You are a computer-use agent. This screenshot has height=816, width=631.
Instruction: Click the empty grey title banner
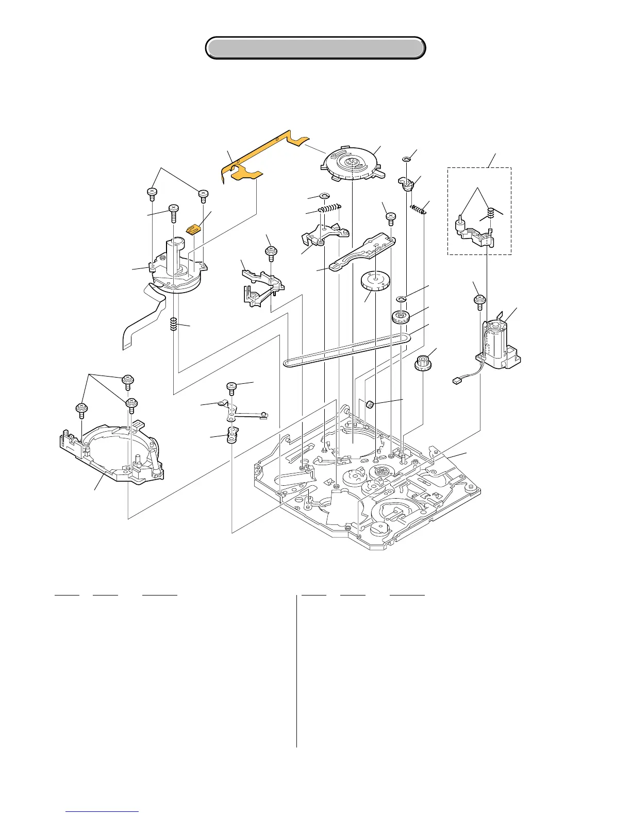click(315, 48)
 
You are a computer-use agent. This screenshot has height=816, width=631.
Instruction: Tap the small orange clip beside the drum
click(193, 229)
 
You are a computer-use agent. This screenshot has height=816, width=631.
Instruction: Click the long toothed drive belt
click(345, 350)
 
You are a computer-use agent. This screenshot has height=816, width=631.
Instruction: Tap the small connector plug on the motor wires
click(456, 381)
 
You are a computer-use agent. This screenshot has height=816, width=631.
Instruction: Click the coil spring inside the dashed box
click(491, 212)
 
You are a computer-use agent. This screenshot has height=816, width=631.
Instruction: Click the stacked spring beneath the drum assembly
click(174, 324)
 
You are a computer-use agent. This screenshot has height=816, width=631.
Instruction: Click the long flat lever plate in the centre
click(361, 252)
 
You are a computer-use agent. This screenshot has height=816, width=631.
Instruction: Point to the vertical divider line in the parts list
click(297, 670)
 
